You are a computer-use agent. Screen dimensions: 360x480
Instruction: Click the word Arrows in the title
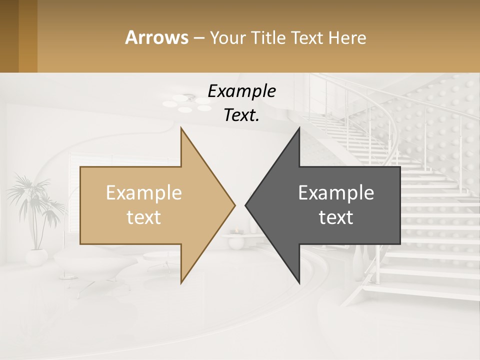[x=156, y=37]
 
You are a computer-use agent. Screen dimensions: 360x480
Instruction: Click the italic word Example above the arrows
[x=241, y=91]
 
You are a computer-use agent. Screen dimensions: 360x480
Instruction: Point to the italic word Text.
[x=241, y=115]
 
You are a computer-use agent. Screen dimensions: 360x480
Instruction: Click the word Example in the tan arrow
[x=143, y=193]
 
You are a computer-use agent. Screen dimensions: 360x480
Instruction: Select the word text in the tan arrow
[x=143, y=217]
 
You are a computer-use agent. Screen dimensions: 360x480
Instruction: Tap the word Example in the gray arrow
[x=336, y=193]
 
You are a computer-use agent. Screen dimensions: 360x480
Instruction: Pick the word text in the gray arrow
[x=336, y=217]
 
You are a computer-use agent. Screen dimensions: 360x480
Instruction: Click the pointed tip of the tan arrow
[x=234, y=205]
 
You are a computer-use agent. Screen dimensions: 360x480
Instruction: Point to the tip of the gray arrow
[x=246, y=205]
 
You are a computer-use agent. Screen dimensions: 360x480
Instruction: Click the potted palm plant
[x=35, y=205]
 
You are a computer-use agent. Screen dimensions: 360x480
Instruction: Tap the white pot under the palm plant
[x=36, y=257]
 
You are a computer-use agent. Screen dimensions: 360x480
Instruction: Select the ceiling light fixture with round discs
[x=188, y=104]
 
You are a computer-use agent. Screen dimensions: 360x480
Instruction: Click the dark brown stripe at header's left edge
[x=9, y=36]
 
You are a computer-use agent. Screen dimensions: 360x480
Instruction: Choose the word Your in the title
[x=225, y=37]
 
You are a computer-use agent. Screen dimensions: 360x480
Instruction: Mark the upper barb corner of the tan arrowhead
[x=181, y=129]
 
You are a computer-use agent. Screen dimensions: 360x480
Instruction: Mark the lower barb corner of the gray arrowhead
[x=299, y=283]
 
